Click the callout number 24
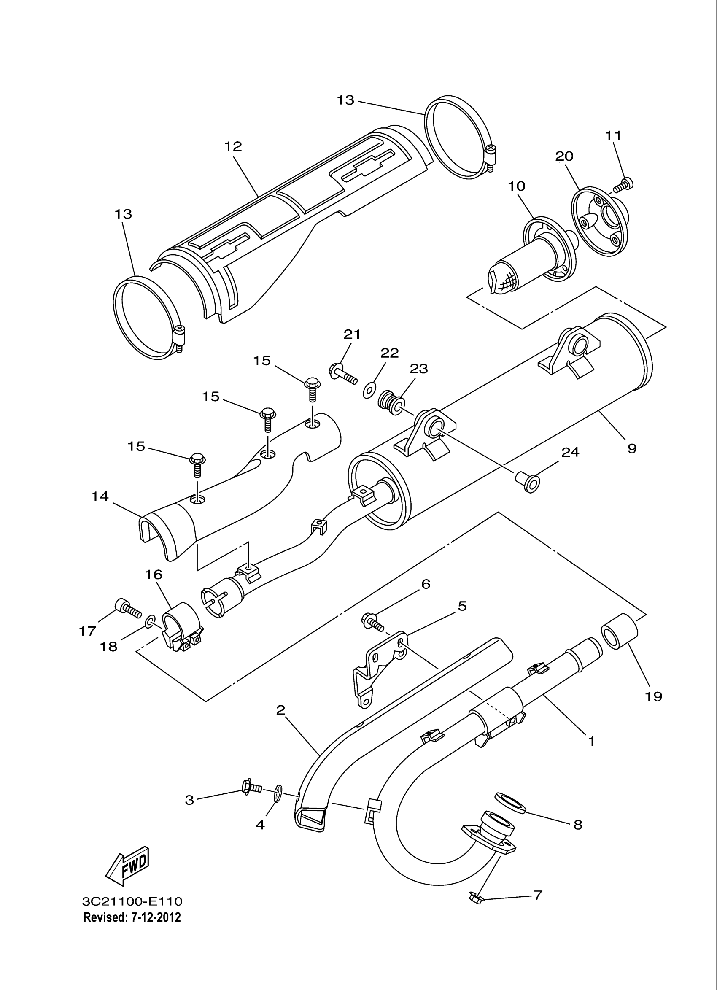[x=570, y=452]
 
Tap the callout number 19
[x=653, y=696]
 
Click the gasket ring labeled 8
[x=510, y=804]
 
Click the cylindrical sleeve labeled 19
[x=620, y=631]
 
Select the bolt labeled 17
[x=127, y=608]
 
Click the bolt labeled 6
[x=372, y=622]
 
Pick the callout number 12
[x=233, y=146]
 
